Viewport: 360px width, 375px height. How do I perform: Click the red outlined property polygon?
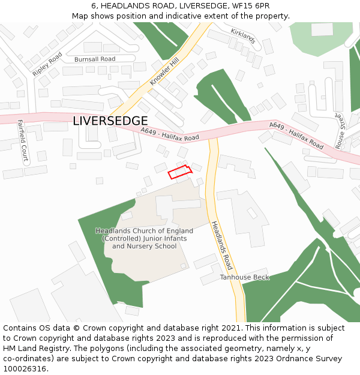(179, 172)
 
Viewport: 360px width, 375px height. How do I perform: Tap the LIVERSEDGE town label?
(110, 121)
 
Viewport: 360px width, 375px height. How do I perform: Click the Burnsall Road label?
(95, 59)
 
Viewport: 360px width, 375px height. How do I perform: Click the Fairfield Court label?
(22, 142)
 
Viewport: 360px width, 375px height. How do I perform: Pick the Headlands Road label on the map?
(221, 245)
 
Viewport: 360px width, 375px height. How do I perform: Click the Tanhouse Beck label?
(244, 277)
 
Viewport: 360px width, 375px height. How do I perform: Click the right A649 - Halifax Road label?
(296, 136)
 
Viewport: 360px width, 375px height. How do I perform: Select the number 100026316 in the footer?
(24, 369)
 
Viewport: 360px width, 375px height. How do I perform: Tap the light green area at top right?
(322, 40)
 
